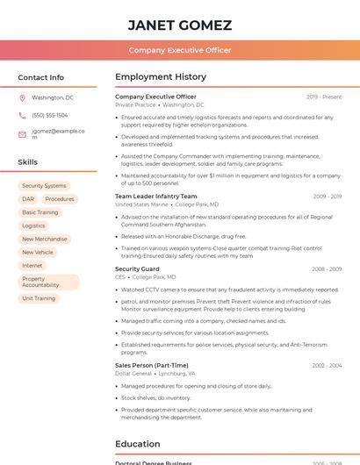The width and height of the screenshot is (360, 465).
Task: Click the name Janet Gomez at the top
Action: point(179,25)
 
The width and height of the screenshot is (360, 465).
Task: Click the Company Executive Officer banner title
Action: point(179,50)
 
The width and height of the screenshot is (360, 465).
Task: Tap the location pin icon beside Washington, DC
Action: point(22,98)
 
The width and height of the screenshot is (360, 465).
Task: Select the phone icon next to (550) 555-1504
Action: point(22,115)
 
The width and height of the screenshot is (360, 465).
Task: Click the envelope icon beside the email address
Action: point(22,134)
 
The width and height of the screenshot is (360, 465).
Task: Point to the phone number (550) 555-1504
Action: point(49,115)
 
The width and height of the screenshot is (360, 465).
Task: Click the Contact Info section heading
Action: point(40,77)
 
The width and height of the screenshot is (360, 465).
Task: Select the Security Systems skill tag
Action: point(44,186)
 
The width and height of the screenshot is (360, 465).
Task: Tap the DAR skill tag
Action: point(28,199)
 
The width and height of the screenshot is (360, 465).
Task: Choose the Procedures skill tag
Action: point(60,199)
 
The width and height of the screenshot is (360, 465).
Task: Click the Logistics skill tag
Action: point(33,225)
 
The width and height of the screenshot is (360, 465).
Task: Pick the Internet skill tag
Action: point(32,265)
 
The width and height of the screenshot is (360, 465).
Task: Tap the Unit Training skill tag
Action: point(39,298)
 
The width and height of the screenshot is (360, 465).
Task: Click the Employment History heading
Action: point(160,77)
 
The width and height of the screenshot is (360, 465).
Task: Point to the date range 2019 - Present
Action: point(324,97)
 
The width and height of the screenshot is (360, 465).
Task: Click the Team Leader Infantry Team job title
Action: point(156,197)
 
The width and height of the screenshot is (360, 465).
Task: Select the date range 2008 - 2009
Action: point(327,269)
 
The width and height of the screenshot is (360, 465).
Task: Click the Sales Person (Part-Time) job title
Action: point(152,365)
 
